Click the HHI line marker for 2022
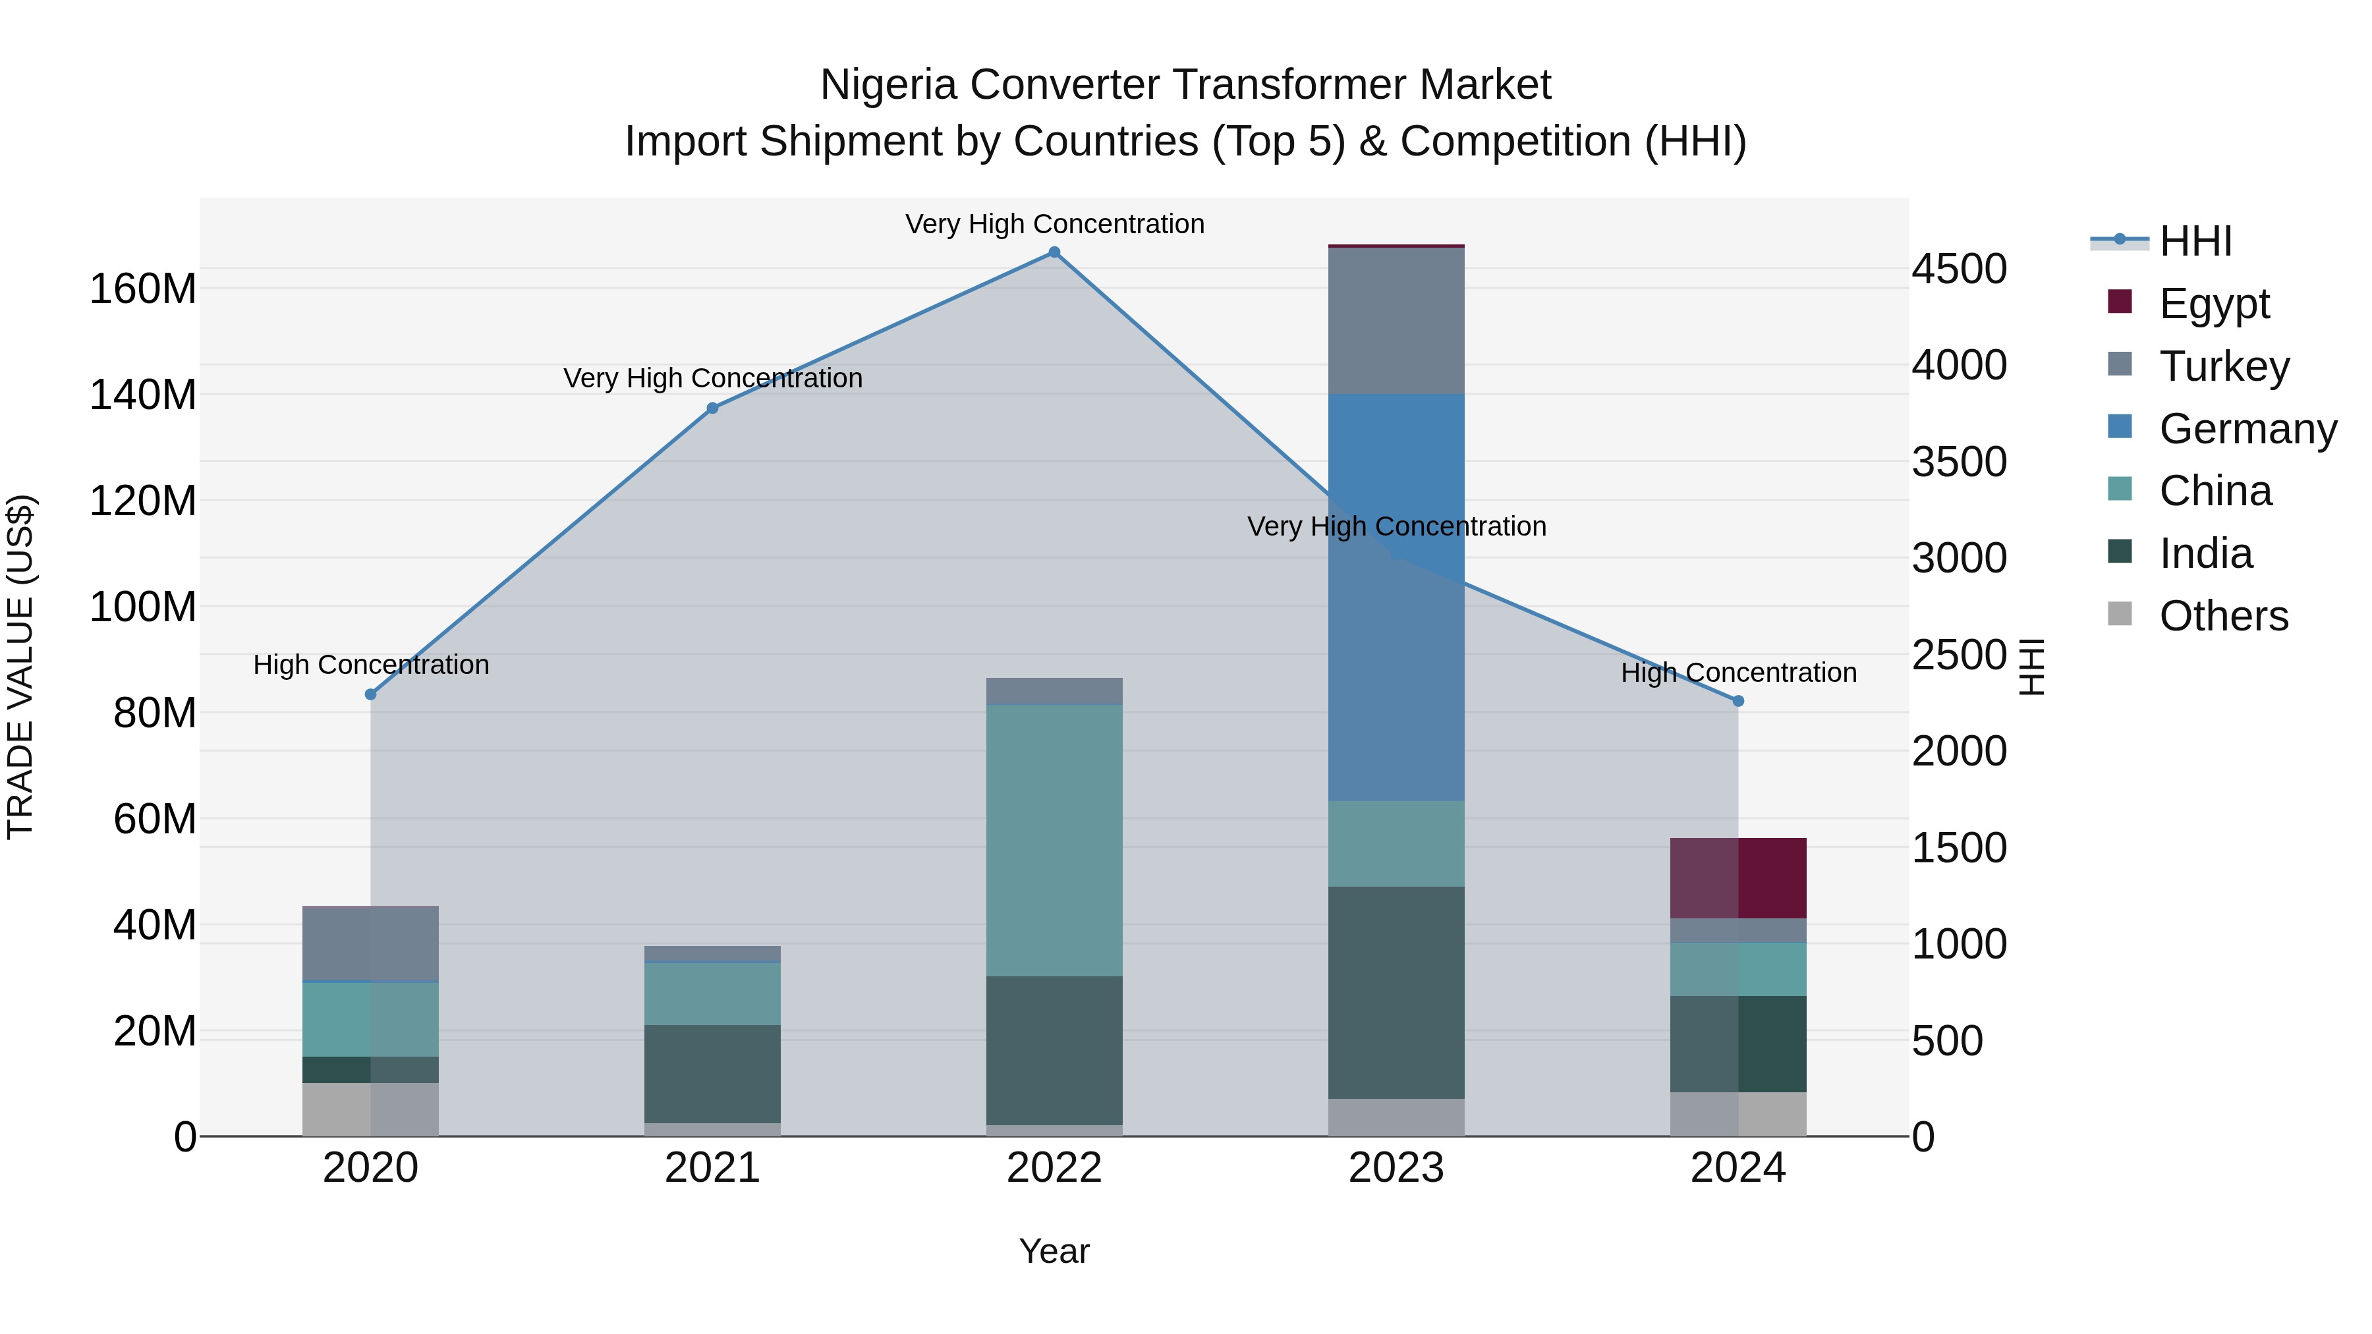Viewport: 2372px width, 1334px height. pyautogui.click(x=1054, y=252)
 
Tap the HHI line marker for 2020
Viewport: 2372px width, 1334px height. pyautogui.click(x=371, y=694)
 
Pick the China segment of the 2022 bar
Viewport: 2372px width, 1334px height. pyautogui.click(x=1054, y=840)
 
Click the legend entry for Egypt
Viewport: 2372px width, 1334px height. pyautogui.click(x=2214, y=303)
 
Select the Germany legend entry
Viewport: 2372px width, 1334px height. pyautogui.click(x=2247, y=428)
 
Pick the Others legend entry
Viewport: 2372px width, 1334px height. pyautogui.click(x=2223, y=616)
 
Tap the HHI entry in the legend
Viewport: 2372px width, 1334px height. pyautogui.click(x=2195, y=241)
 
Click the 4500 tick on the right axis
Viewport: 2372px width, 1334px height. pyautogui.click(x=1960, y=269)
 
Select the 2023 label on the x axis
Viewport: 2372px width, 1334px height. pyautogui.click(x=1396, y=1168)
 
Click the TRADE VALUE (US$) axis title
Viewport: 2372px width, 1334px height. pyautogui.click(x=20, y=667)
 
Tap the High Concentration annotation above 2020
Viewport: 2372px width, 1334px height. pyautogui.click(x=371, y=665)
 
